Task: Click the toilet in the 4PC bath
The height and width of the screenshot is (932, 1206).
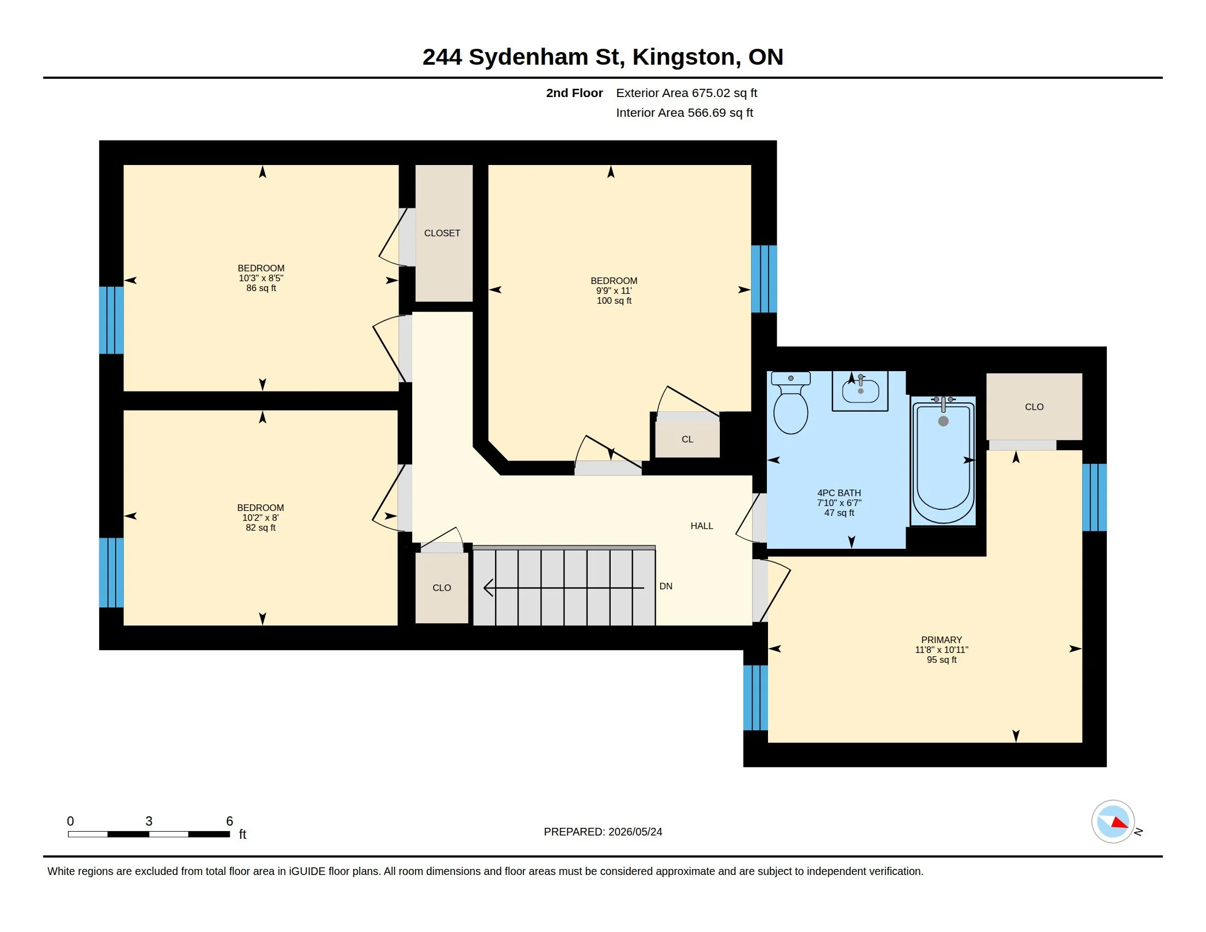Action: click(790, 402)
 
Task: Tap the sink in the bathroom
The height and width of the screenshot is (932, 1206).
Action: click(860, 391)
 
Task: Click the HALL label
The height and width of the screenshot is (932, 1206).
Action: click(702, 526)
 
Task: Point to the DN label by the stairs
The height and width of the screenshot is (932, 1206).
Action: click(666, 587)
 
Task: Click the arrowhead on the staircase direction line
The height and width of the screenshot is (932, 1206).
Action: click(488, 588)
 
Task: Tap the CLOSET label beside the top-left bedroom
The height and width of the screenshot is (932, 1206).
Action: click(442, 234)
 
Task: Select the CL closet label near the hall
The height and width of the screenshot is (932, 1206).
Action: click(687, 440)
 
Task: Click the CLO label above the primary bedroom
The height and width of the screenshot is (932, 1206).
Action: click(1034, 407)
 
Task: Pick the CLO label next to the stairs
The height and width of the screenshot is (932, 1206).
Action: click(442, 588)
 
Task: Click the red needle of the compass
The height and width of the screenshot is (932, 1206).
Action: click(1119, 823)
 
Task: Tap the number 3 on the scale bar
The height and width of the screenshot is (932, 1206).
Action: click(149, 821)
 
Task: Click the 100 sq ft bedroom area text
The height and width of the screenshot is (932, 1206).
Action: click(614, 301)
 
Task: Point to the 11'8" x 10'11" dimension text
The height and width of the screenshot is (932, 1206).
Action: click(941, 650)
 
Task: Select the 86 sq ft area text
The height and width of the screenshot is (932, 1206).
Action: click(261, 288)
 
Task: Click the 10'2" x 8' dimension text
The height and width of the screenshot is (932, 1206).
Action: click(260, 518)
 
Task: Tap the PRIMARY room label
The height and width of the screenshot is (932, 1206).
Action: click(941, 640)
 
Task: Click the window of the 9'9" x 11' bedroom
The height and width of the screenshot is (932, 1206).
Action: click(764, 280)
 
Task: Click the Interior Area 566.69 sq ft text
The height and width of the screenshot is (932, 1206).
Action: click(685, 113)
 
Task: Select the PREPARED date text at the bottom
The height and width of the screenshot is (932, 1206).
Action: click(603, 832)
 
